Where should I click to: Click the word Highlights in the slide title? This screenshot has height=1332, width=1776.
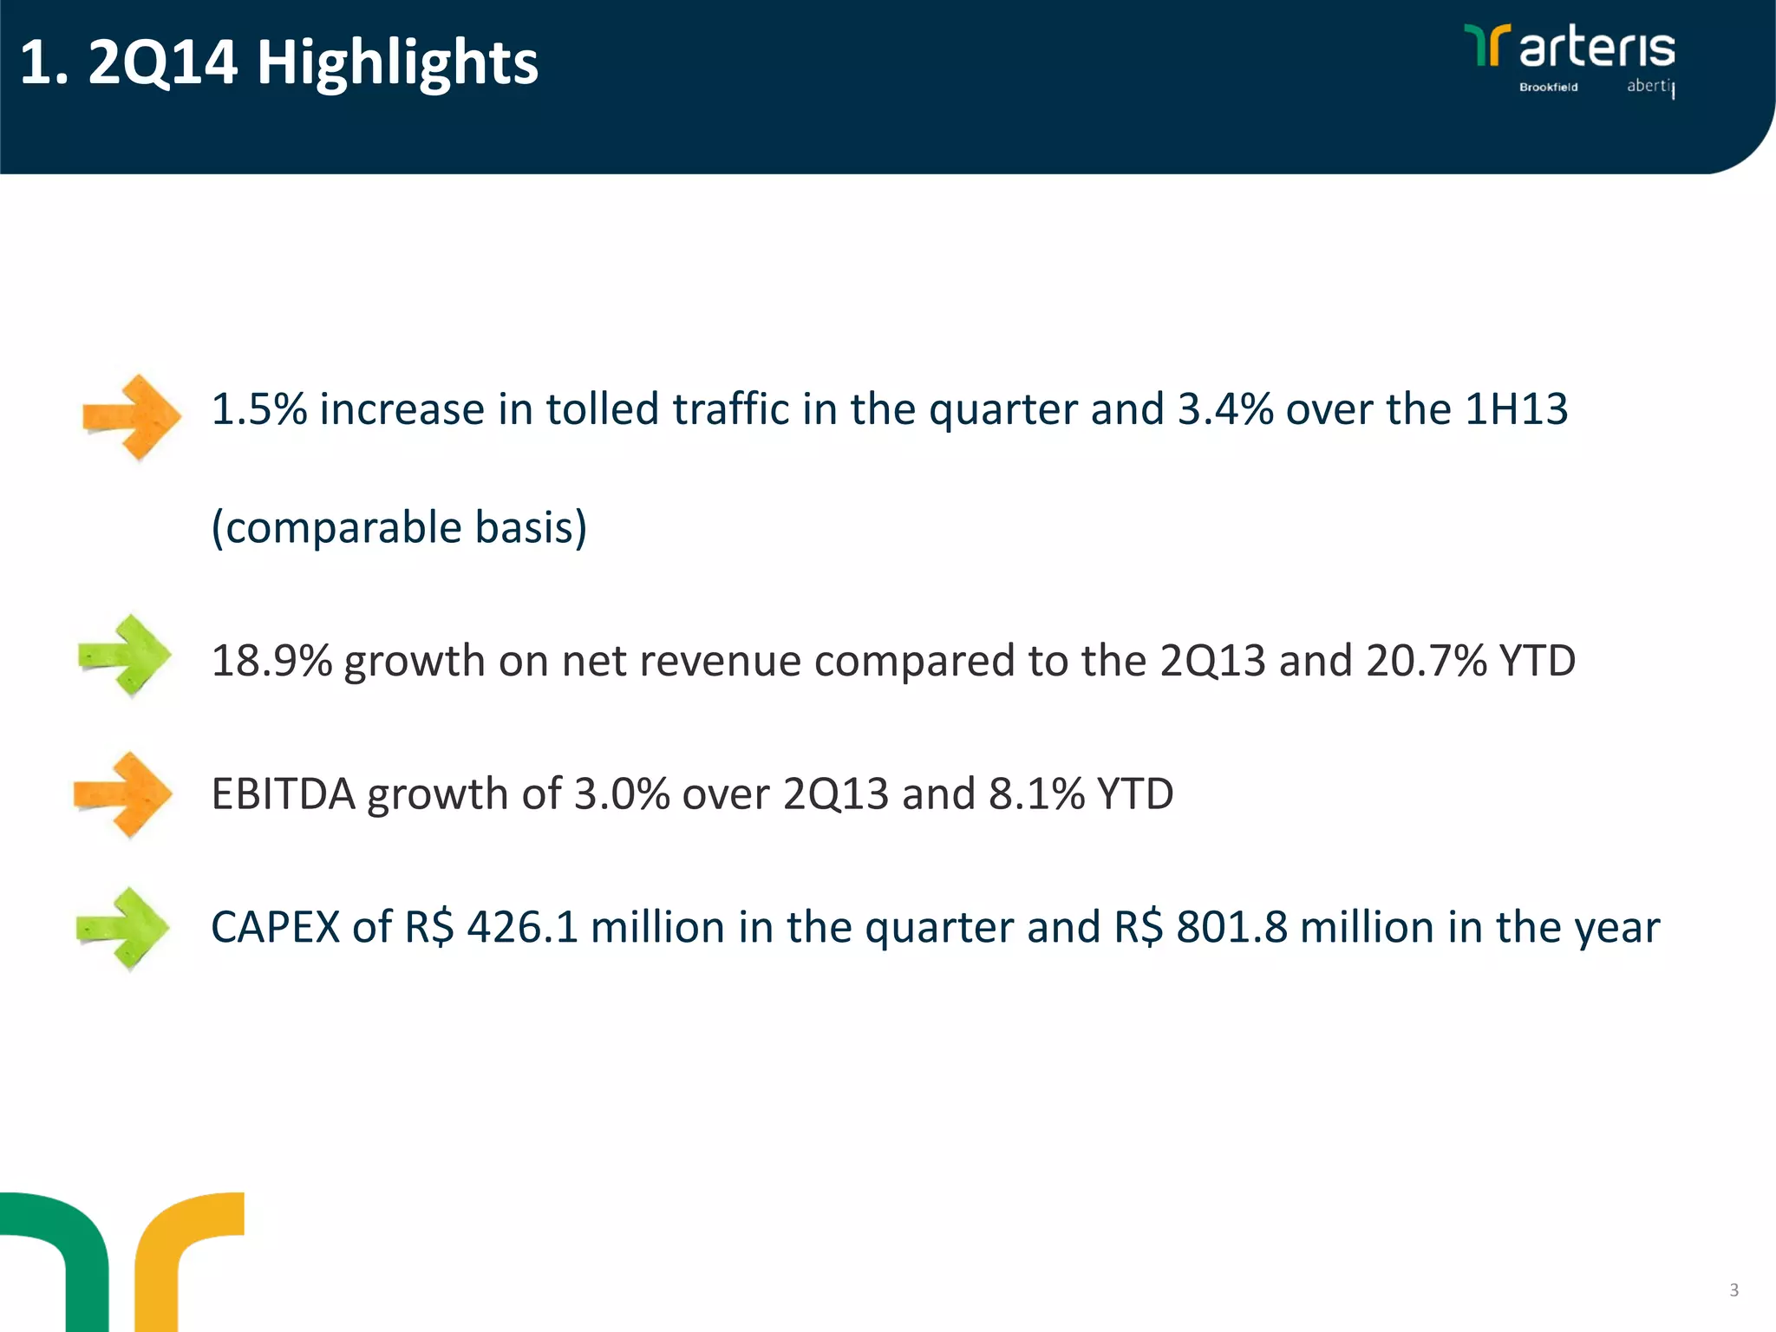(397, 62)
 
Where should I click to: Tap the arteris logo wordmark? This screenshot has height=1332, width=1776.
(1596, 48)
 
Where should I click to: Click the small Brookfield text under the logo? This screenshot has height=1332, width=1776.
(1548, 87)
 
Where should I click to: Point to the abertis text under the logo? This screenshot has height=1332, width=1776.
(1649, 86)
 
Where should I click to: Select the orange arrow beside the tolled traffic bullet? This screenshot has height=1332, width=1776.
(132, 417)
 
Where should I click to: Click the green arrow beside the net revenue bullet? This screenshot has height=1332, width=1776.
(126, 656)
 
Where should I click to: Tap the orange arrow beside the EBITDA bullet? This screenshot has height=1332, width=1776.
(124, 794)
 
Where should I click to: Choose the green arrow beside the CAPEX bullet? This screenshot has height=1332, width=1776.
(123, 928)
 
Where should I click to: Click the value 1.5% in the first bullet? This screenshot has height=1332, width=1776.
(258, 409)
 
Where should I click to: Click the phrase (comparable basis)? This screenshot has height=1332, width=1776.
(399, 527)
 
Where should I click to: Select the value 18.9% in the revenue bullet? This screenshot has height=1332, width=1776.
(271, 661)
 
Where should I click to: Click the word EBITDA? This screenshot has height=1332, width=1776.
(283, 794)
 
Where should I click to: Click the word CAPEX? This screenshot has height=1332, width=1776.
(275, 927)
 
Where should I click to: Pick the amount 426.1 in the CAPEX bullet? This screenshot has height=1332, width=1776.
(522, 927)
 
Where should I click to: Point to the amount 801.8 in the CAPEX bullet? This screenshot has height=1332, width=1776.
(1231, 927)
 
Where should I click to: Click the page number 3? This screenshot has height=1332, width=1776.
(1734, 1290)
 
